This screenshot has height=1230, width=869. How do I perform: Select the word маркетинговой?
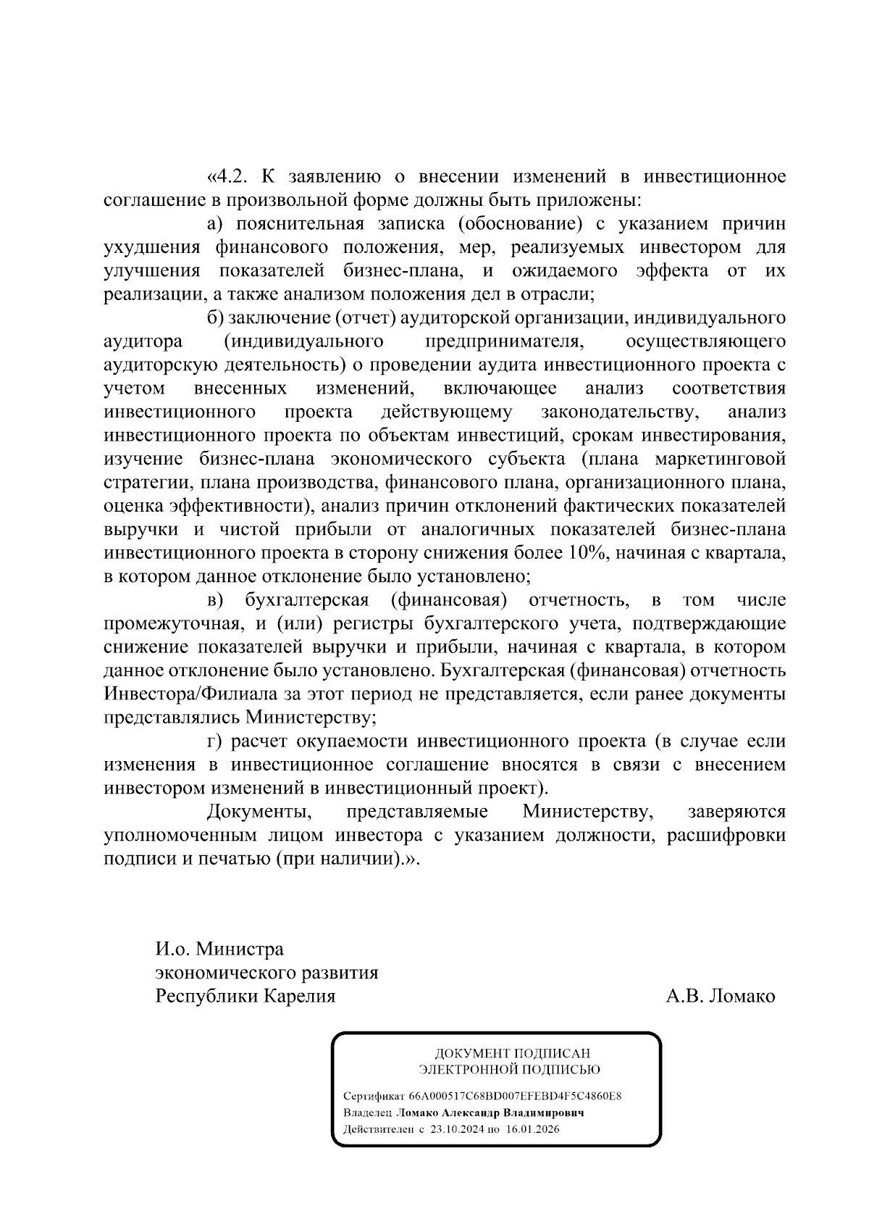[720, 460]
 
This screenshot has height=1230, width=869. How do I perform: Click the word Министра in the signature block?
[240, 949]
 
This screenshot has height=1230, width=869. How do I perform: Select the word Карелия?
[299, 997]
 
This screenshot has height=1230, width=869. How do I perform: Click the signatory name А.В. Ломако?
[720, 997]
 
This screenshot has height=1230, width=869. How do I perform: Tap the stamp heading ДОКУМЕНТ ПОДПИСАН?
[512, 1053]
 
